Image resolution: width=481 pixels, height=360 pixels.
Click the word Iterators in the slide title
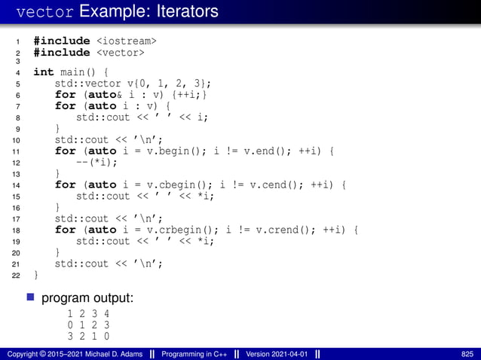182,11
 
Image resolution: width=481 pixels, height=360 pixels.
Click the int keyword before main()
44,72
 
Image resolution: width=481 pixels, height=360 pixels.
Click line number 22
17,276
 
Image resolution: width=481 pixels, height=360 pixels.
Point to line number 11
17,151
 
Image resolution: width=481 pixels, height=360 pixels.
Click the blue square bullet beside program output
32,298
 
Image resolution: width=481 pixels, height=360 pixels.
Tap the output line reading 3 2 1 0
88,336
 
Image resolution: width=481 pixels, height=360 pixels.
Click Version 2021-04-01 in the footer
274,354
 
